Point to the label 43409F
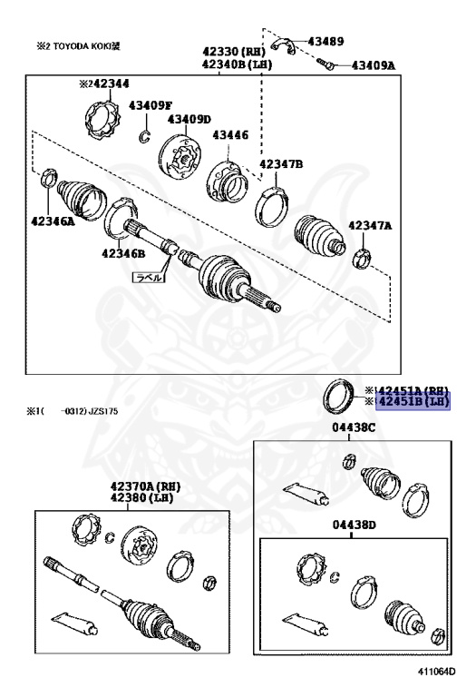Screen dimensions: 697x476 151,105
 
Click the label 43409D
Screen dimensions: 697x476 189,119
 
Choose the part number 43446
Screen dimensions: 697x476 230,135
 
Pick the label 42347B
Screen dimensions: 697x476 281,164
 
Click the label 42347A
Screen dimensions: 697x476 372,224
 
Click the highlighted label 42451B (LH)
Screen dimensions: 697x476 413,402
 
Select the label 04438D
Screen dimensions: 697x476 354,525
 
